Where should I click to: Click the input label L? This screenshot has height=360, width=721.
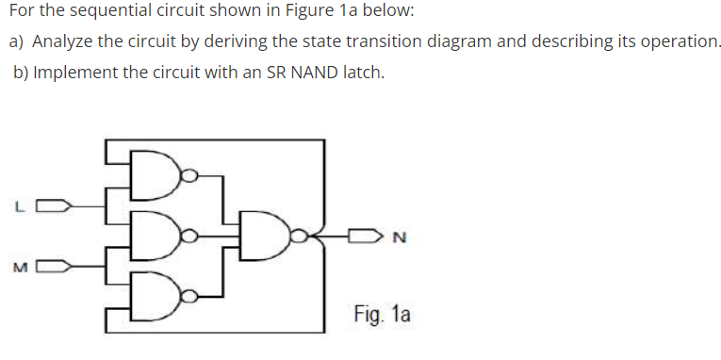point(18,205)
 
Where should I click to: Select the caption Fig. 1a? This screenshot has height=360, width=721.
point(382,314)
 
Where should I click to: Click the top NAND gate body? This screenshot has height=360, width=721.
point(160,173)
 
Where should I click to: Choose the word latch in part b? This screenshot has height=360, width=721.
point(361,73)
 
